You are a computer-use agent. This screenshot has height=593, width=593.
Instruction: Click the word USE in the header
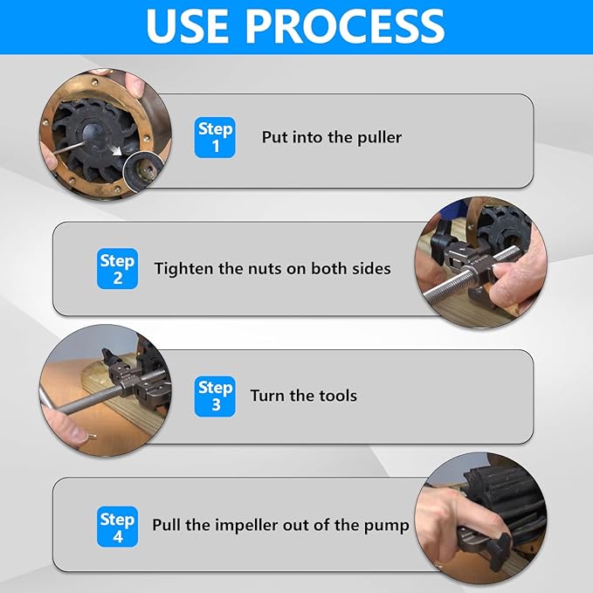click(x=187, y=26)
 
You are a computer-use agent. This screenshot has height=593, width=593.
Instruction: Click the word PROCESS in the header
click(x=345, y=26)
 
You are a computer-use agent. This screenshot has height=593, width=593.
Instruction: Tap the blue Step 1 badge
click(x=215, y=137)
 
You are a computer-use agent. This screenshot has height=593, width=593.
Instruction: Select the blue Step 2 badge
click(x=117, y=268)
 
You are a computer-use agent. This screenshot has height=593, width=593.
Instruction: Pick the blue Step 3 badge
click(x=215, y=396)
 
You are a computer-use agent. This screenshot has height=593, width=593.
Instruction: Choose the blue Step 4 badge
click(x=117, y=527)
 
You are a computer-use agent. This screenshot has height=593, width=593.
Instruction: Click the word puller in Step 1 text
click(x=379, y=138)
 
